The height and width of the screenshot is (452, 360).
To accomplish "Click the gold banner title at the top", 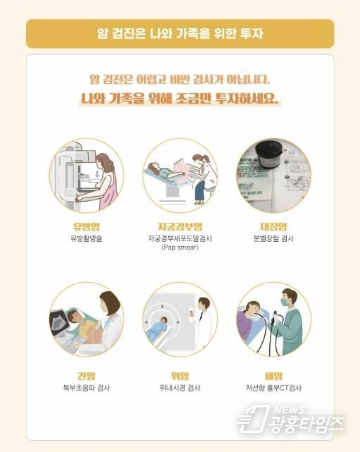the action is (x=180, y=33).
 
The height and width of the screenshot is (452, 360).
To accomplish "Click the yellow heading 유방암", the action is (x=87, y=226).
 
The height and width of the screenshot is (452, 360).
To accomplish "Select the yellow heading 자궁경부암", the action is (x=180, y=226).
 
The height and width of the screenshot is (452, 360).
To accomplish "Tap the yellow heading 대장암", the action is (x=273, y=226).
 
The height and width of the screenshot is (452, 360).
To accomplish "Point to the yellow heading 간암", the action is (x=87, y=376).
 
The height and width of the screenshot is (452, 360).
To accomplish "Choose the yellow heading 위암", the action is (x=180, y=376).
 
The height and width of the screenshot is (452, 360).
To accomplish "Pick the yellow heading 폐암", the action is (x=273, y=376).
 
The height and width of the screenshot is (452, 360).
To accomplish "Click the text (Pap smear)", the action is (x=180, y=248).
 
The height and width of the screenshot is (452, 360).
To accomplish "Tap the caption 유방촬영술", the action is (x=87, y=238).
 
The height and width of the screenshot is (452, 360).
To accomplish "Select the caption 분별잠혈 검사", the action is (x=273, y=238).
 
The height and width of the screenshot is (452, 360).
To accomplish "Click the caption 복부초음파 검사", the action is (x=87, y=388).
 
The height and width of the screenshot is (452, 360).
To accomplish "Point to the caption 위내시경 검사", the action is (x=180, y=388).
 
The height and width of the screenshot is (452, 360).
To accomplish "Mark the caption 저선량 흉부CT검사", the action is (x=273, y=388).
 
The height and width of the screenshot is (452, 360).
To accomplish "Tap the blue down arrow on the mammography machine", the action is (x=97, y=174).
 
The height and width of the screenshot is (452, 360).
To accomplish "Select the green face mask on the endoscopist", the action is (x=285, y=302).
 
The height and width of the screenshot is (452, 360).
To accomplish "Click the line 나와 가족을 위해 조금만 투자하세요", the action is (x=180, y=99).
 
